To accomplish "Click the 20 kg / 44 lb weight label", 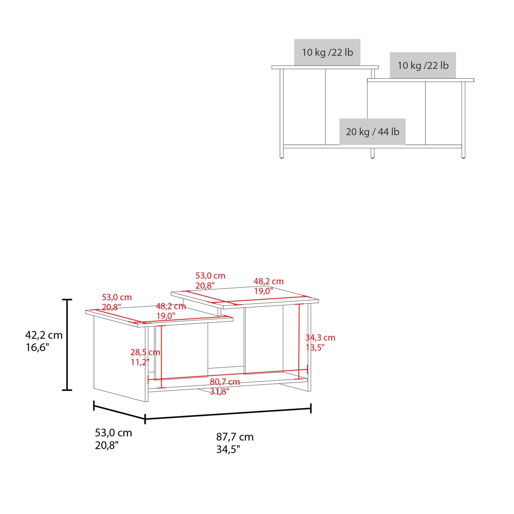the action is click(x=372, y=132).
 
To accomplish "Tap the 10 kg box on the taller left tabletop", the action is click(x=327, y=52).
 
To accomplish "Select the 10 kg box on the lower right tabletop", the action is click(x=423, y=65).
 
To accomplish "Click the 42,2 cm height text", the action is click(x=44, y=335).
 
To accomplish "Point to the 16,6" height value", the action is click(x=37, y=348).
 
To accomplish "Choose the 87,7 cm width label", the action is click(x=235, y=437).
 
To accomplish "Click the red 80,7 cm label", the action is click(x=224, y=382).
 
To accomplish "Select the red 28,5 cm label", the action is click(x=145, y=353).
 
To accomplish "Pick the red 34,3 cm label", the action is click(x=320, y=338).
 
